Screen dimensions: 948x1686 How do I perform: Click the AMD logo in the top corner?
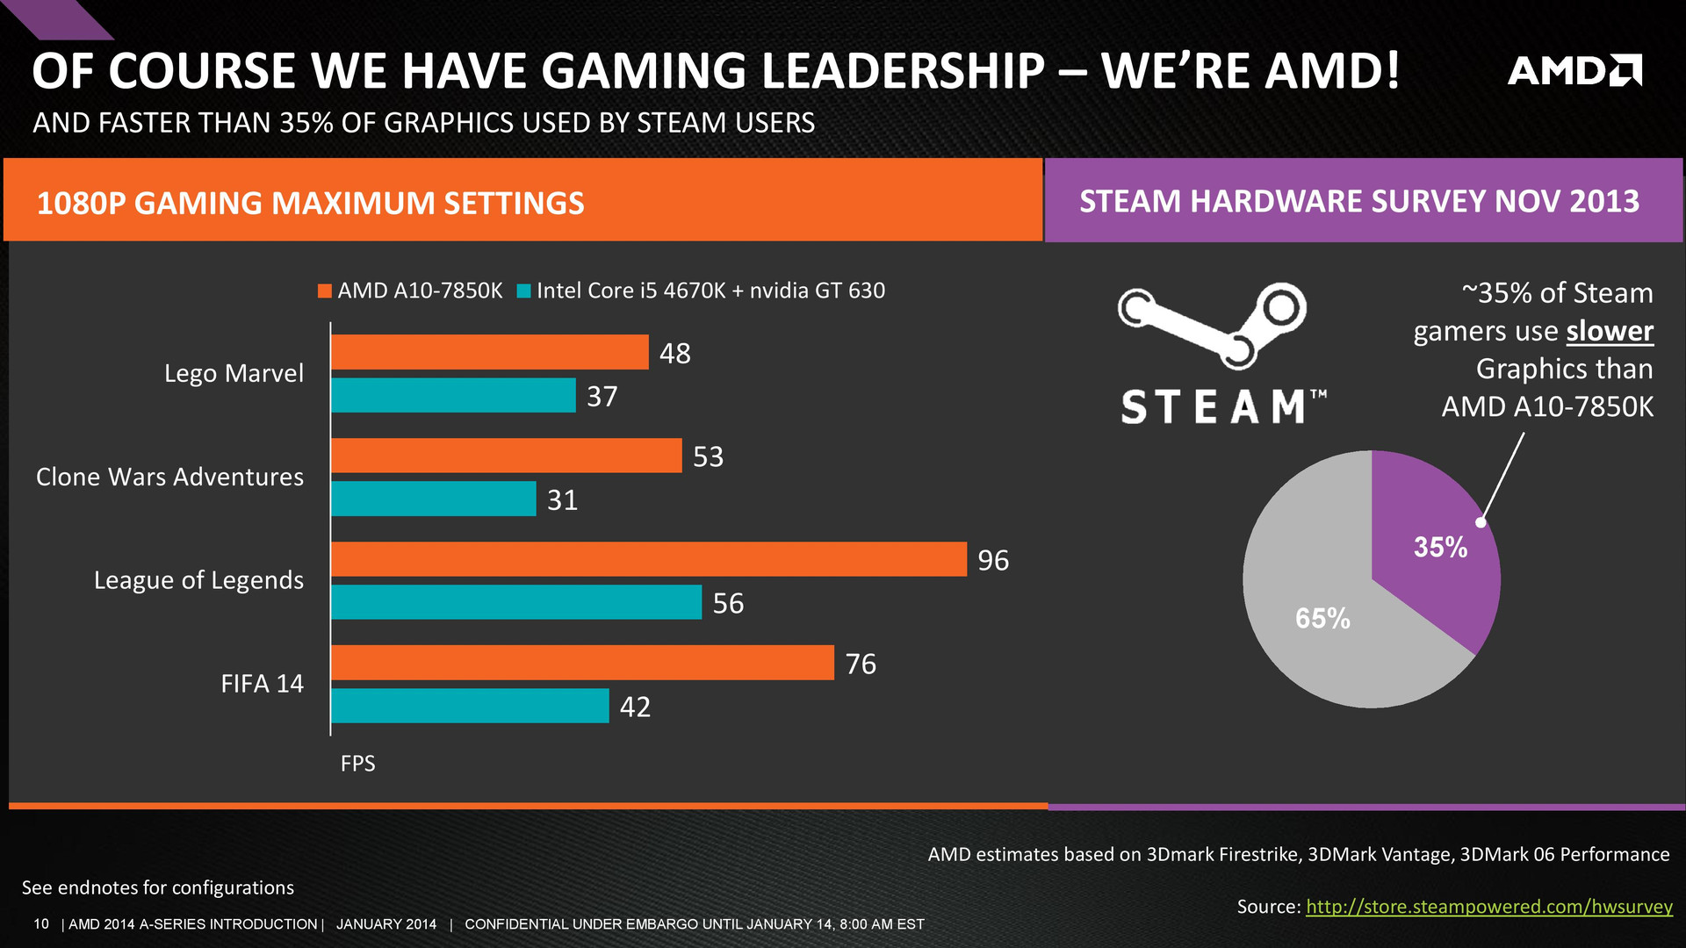pos(1574,70)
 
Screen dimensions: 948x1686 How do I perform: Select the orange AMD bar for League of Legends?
pos(648,559)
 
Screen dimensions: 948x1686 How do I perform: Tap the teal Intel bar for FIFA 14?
pos(470,706)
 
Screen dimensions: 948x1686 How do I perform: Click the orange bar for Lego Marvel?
pos(489,352)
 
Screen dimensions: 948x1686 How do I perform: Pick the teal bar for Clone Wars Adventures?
pos(433,499)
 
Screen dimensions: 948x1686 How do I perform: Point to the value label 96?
pos(993,560)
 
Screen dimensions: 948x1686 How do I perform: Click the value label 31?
pos(562,500)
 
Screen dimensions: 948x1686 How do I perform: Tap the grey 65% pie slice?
pos(1317,614)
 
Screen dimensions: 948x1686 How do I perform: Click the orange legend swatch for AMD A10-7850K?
pos(325,291)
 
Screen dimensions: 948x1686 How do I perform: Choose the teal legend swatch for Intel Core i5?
pos(524,291)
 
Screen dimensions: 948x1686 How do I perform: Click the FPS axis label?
pos(357,764)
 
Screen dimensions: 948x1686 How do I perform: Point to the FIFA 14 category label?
pos(262,684)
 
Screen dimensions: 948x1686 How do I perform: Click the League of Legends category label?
pos(198,580)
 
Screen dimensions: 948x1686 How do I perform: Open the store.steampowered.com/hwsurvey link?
pos(1489,907)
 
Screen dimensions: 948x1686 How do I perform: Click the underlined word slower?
pos(1610,331)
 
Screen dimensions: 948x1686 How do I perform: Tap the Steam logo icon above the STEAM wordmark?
pos(1212,323)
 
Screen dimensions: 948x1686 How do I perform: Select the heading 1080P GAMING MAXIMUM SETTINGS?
pos(310,204)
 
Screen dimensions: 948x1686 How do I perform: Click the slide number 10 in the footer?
pos(41,924)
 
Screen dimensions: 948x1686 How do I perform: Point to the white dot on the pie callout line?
pos(1481,522)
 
